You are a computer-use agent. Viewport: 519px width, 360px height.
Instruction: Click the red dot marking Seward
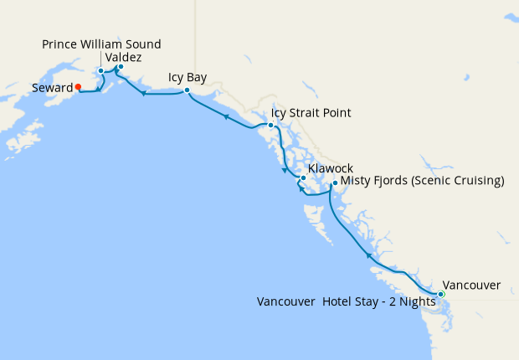coord(78,86)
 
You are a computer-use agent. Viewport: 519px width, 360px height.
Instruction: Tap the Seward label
coord(51,87)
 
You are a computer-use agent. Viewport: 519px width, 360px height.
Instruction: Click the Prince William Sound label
coord(102,44)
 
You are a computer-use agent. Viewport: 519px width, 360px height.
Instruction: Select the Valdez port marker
coord(121,67)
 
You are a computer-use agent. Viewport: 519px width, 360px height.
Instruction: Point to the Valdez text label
coord(124,57)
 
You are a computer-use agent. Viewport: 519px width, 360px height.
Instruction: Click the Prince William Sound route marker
coord(101,70)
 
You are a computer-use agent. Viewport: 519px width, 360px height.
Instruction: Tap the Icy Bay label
coord(188,77)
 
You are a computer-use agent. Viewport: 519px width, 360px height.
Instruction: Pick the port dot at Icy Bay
coord(187,90)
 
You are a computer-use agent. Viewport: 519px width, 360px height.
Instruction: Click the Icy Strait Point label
coord(311,113)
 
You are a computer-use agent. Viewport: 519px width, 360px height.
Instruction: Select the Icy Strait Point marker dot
coord(270,126)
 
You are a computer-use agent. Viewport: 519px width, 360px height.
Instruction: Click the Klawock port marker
coord(303,178)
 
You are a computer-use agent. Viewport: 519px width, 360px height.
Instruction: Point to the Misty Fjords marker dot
coord(335,183)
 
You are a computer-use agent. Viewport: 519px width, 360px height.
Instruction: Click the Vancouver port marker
coord(441,294)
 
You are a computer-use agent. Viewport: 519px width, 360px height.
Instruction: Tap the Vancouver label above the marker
coord(471,285)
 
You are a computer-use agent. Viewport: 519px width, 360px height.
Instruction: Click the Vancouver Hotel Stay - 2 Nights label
coord(347,301)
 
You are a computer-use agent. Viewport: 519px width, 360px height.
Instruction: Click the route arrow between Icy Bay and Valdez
coord(144,94)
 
